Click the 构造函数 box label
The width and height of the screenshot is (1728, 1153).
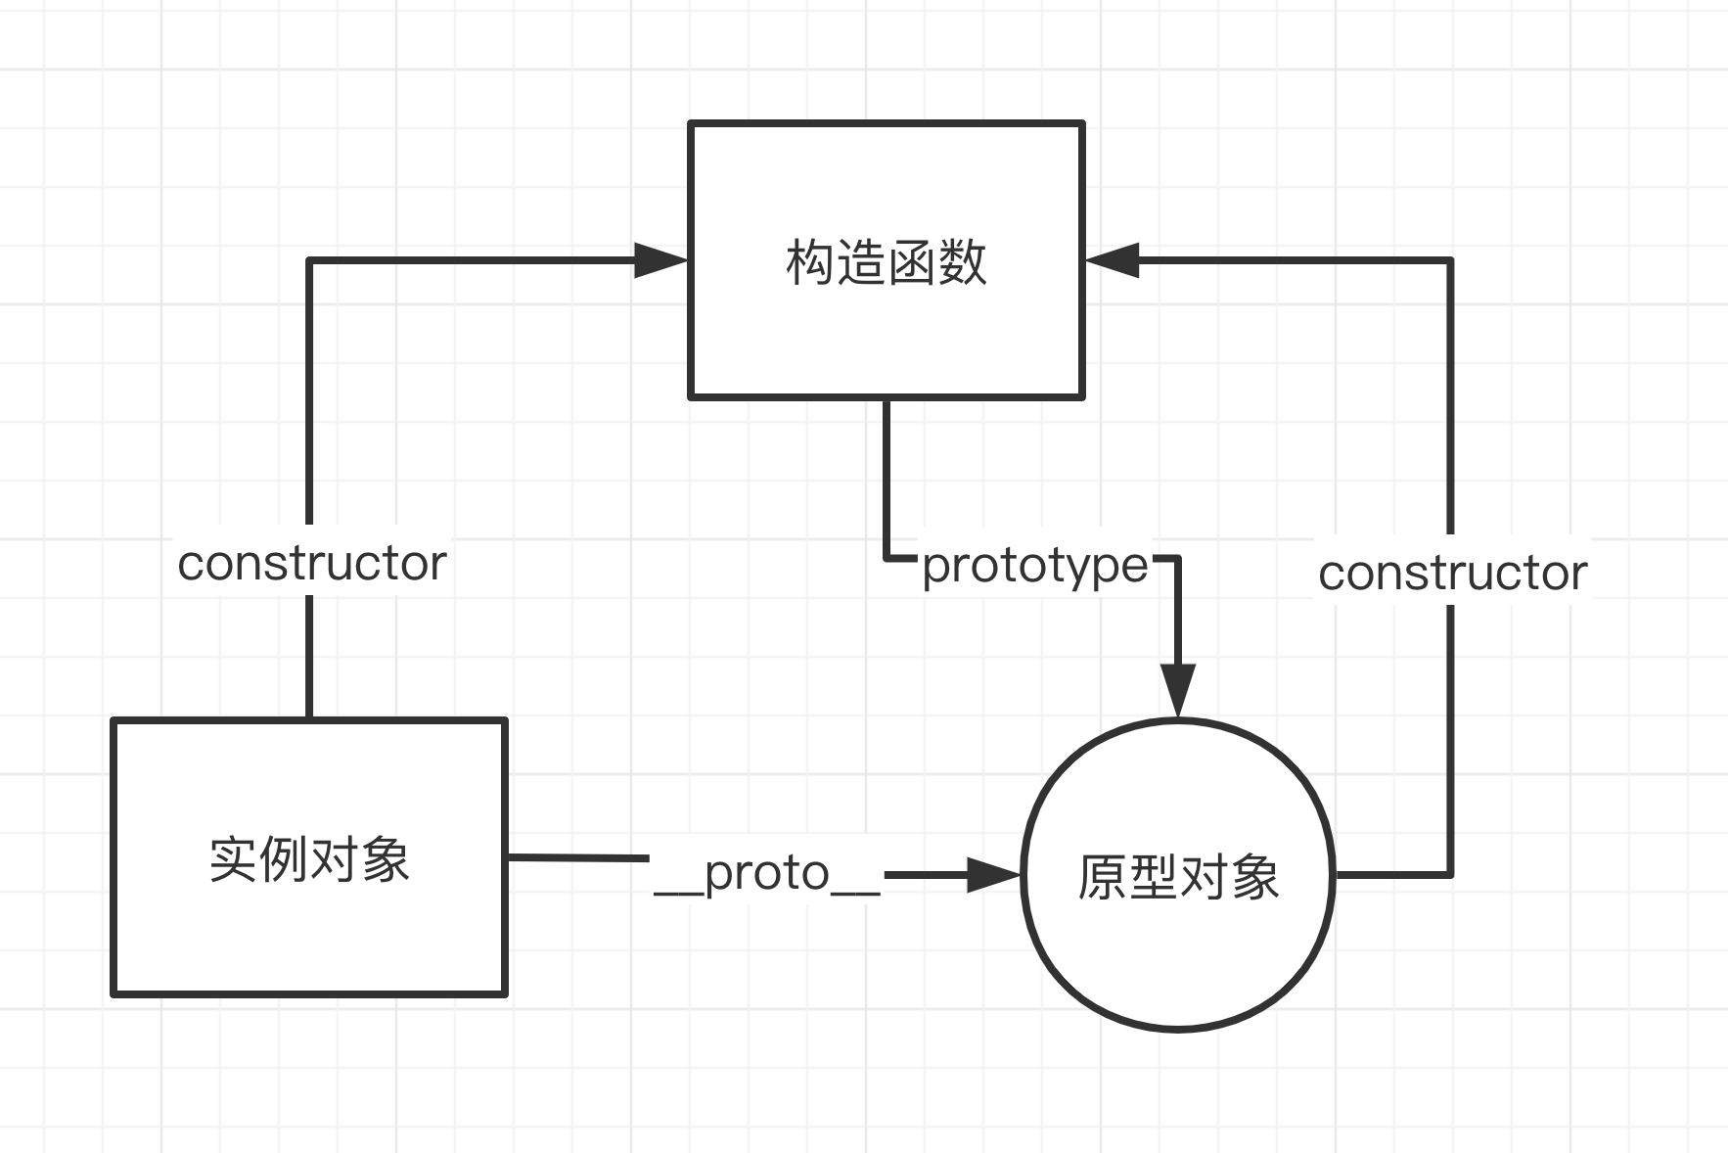(886, 262)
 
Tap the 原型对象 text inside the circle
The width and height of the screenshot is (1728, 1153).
(1178, 877)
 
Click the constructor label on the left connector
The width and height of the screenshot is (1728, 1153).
(311, 564)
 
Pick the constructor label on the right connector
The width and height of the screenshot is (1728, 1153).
(1452, 574)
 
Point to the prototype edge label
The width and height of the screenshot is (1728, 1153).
(1034, 566)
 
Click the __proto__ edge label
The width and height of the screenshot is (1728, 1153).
(767, 873)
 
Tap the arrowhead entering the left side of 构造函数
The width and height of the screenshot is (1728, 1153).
(661, 260)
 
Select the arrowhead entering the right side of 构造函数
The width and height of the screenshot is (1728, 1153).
(1114, 260)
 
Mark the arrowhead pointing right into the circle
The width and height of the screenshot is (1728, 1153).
(992, 875)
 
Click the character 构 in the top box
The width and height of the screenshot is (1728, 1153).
(809, 262)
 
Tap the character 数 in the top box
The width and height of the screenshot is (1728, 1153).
(963, 262)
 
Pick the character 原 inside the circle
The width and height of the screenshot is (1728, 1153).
(1102, 877)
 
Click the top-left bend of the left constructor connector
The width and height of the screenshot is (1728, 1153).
(310, 260)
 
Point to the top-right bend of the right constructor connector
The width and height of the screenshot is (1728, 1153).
(1450, 260)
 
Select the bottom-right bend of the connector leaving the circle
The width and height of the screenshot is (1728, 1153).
(1450, 874)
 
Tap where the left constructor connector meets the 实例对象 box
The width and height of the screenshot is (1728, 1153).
(309, 717)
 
